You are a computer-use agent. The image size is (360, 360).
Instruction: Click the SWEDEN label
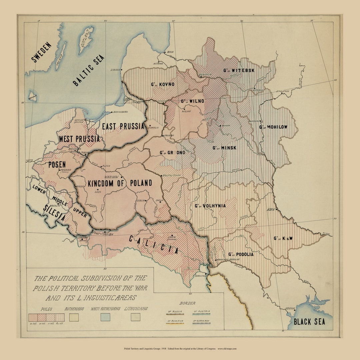tap(42, 52)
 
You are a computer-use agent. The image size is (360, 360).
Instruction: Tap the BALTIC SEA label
tap(89, 70)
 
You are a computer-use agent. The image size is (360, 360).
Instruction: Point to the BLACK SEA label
tap(309, 322)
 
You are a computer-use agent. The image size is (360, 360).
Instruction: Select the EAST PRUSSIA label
tap(123, 126)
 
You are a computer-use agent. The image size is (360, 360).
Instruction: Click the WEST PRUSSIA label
tap(79, 139)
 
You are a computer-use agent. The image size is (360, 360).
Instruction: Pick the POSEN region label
tap(57, 164)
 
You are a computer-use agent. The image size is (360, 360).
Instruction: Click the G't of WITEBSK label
tap(239, 70)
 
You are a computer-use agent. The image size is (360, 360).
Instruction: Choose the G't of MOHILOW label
tap(273, 127)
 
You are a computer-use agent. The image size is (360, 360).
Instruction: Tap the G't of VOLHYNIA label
tap(210, 206)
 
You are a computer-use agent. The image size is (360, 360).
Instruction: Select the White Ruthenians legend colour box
tap(105, 317)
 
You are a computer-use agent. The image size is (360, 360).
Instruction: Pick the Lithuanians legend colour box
tap(135, 317)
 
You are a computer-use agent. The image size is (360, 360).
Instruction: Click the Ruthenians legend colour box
tap(74, 317)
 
